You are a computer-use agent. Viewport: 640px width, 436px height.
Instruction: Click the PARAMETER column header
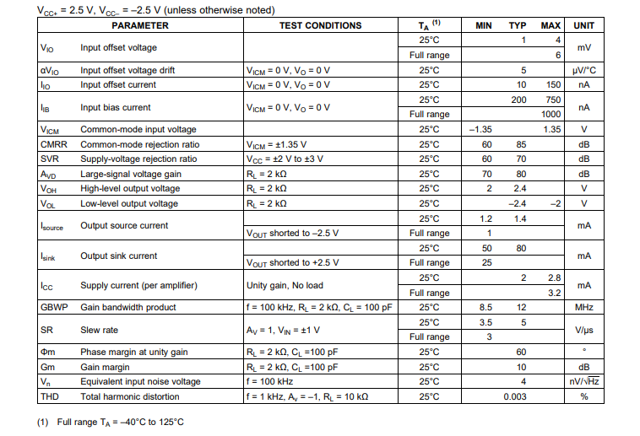point(140,25)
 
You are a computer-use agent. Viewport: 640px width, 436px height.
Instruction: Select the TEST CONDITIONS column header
point(320,25)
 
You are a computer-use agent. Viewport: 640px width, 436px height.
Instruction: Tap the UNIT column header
point(583,25)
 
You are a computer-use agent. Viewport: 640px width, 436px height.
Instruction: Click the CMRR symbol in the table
point(53,144)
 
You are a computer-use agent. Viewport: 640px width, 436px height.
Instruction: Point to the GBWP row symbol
point(54,308)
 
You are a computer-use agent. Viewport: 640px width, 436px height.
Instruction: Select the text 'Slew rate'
point(100,330)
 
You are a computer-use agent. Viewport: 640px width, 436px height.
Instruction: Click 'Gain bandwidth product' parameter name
point(128,308)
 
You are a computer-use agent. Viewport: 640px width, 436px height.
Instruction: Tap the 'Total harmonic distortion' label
point(130,396)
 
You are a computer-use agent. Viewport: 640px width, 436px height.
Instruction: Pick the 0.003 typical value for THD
point(514,396)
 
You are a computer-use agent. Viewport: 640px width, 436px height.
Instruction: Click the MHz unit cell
point(583,308)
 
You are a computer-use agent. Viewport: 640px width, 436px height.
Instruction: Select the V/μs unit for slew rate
point(583,330)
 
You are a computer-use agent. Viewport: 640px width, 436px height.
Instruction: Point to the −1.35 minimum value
point(480,129)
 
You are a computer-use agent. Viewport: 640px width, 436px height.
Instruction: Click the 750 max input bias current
point(552,100)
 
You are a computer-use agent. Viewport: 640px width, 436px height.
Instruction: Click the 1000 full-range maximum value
point(551,114)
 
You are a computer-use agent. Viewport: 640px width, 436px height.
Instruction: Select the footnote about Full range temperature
point(111,422)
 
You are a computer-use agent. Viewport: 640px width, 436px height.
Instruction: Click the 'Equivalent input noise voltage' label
point(140,381)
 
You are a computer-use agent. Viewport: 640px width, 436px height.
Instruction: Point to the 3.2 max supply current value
point(554,293)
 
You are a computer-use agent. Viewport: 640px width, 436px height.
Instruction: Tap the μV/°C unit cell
point(583,70)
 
